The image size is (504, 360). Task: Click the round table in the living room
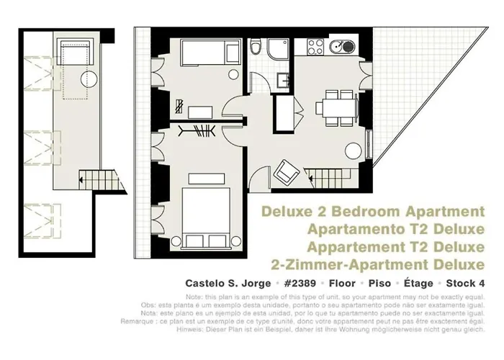[x=354, y=150]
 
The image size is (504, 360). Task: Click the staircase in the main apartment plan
[x=324, y=175]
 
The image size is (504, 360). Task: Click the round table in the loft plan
[x=88, y=79]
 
